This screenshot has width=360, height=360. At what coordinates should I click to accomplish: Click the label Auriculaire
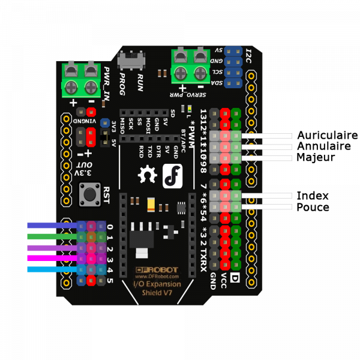[327, 135]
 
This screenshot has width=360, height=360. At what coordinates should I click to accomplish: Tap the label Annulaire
[325, 146]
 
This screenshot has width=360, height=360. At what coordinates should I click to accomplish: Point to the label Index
[313, 196]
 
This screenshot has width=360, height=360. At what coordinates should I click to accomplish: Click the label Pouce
[313, 207]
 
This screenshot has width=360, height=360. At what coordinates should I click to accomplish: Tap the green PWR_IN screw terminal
[80, 79]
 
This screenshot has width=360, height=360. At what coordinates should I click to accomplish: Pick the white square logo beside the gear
[172, 174]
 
